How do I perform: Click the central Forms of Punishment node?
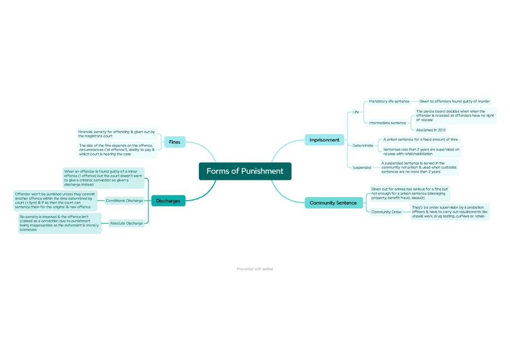[245, 171]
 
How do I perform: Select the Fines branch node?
[175, 142]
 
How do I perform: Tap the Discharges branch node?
[168, 201]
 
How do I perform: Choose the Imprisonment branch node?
[324, 140]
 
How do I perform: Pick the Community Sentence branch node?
[333, 203]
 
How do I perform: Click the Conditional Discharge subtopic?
[124, 201]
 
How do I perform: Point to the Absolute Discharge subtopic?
[126, 223]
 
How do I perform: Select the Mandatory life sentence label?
[389, 101]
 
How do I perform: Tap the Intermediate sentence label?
[387, 123]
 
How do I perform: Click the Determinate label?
[363, 145]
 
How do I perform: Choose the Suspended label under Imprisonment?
[362, 167]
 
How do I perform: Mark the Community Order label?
[386, 212]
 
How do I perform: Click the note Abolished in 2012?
[431, 130]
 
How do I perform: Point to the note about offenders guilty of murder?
[454, 101]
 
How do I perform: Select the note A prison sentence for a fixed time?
[420, 140]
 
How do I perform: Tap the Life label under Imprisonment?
[356, 112]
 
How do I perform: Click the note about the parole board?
[455, 116]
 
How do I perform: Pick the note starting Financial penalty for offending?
[117, 134]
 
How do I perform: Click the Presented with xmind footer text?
[255, 269]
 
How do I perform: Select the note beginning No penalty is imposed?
[59, 223]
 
